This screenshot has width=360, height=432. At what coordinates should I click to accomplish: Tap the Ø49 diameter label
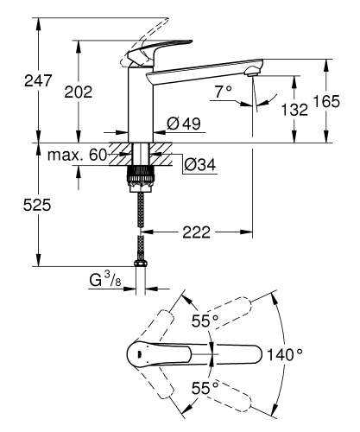pos(183,123)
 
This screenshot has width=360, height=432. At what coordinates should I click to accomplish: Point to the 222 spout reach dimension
pos(196,232)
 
